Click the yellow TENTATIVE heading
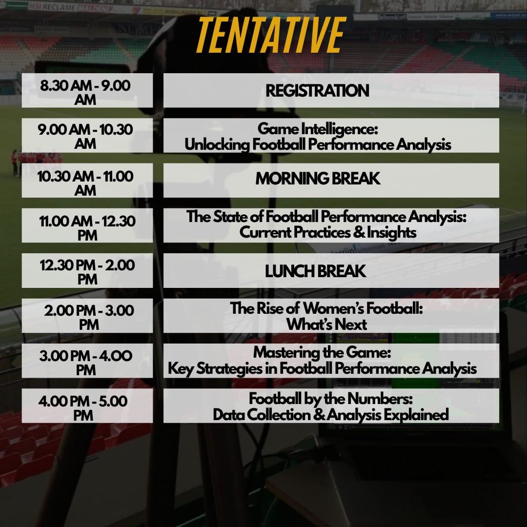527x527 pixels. coord(271,35)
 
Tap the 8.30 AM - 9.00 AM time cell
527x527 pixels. coord(87,90)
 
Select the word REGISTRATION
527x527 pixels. coord(317,91)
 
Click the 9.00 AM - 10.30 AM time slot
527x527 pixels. coord(87,136)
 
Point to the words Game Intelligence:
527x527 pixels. coord(318,129)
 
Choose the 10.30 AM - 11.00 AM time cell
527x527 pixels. coord(87,181)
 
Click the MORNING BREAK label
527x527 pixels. coord(318,179)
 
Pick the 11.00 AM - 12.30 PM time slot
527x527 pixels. coord(87,225)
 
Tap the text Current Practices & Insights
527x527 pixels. coord(328,233)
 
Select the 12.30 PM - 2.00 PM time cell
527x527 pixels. coord(87,270)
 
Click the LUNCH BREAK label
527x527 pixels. coord(315,271)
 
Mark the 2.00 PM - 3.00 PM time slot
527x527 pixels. coord(87,316)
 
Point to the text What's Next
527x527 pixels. coord(326,324)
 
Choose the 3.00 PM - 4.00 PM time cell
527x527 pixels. coord(87,361)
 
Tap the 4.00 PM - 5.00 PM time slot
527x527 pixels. coord(87,405)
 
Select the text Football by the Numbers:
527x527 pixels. coord(331,399)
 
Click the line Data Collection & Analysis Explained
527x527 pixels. coord(331,415)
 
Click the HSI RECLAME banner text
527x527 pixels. coord(68,7)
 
